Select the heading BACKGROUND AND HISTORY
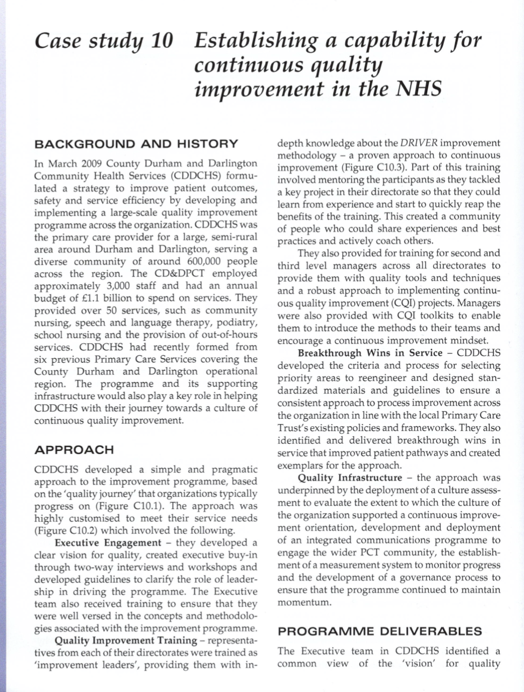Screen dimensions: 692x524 [x=136, y=144]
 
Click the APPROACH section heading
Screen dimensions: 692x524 [x=74, y=450]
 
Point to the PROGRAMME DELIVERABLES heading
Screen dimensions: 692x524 [x=380, y=631]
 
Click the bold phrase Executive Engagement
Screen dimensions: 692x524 [x=108, y=542]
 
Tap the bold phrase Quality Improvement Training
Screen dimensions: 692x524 [x=126, y=640]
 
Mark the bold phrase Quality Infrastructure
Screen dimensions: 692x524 [x=350, y=477]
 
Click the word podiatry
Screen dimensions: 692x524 [x=237, y=322]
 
